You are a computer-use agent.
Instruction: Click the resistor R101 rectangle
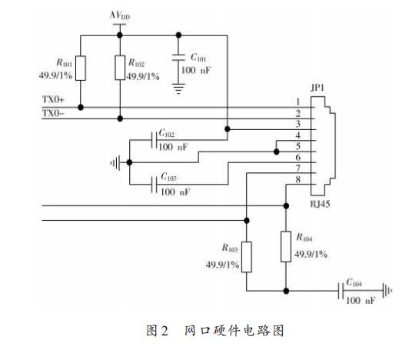tap(81, 68)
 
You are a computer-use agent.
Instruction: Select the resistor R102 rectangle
tap(120, 68)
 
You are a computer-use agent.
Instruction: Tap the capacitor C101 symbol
tap(178, 57)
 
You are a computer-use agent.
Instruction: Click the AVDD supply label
tap(120, 15)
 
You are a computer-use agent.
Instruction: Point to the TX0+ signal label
tap(53, 99)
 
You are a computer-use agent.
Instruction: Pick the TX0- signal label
tap(53, 113)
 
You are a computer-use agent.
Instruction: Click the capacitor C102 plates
tap(154, 140)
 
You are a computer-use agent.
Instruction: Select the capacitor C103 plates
tap(154, 185)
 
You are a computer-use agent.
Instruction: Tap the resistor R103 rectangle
tap(247, 257)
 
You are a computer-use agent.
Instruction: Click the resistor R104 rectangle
tap(286, 246)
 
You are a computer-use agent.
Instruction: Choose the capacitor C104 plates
tap(341, 291)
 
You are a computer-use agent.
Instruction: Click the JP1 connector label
tap(318, 88)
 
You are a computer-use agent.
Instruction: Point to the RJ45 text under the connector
tap(320, 204)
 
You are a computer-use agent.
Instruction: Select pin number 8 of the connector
tap(298, 179)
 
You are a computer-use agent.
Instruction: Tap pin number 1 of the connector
tap(298, 102)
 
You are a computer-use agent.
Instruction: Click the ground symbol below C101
tap(178, 88)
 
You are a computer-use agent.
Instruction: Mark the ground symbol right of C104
tap(387, 291)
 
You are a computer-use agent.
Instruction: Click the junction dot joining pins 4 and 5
tap(277, 152)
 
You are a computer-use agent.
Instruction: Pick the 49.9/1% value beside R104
tap(311, 254)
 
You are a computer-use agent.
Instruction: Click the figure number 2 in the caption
tap(165, 331)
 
